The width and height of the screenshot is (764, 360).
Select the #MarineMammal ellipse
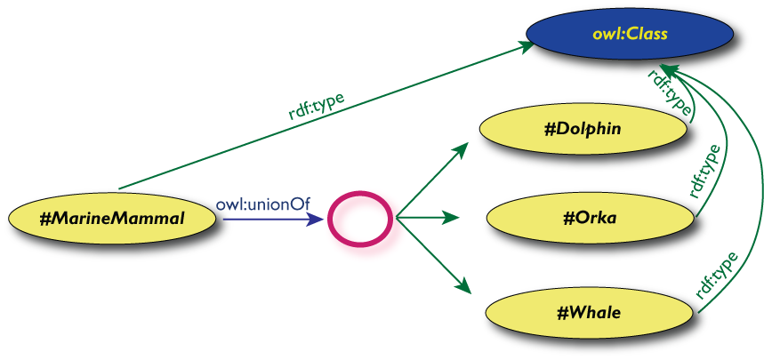(113, 217)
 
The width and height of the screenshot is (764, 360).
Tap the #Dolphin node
(583, 130)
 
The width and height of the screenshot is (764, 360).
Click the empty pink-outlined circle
(359, 218)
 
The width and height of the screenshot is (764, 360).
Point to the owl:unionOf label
(262, 204)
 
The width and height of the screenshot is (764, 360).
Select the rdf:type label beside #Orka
(704, 171)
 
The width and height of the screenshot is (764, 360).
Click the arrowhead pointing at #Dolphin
(460, 148)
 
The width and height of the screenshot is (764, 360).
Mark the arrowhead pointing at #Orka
(451, 217)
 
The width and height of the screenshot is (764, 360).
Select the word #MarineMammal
(113, 217)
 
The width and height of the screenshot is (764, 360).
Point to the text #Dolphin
(583, 130)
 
